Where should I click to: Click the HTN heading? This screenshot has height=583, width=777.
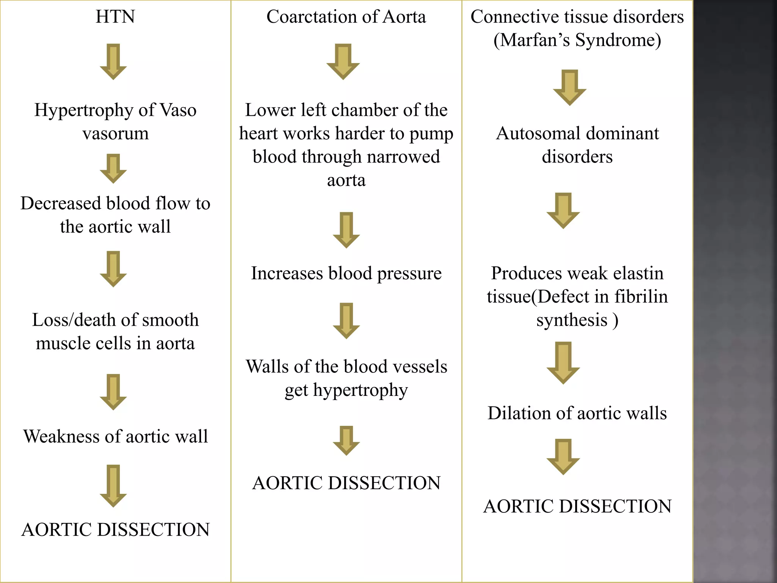click(115, 17)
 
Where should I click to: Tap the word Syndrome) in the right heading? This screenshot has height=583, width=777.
click(618, 40)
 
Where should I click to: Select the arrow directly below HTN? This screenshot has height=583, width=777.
click(113, 61)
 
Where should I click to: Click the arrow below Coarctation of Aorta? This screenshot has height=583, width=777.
click(343, 61)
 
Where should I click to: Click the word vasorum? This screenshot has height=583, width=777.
click(115, 134)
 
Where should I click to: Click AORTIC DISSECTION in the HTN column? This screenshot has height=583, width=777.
click(115, 529)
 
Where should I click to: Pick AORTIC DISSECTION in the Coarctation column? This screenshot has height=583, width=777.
click(346, 483)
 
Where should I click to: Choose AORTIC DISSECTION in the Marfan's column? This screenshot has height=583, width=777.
click(577, 506)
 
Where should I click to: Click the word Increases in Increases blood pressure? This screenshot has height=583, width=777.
click(287, 273)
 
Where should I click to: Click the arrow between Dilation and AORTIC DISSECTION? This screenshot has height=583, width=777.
click(563, 457)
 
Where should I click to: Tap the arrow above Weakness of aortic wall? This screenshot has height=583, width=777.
click(113, 392)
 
